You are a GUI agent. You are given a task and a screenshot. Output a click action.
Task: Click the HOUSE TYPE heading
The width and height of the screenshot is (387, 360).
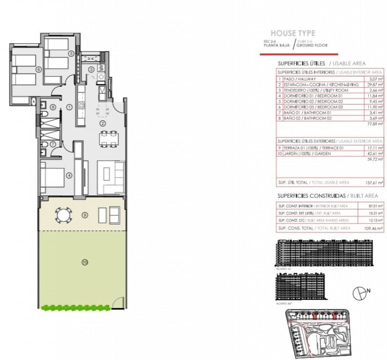click(293, 33)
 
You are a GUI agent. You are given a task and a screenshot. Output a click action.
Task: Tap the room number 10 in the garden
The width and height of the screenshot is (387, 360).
click(84, 262)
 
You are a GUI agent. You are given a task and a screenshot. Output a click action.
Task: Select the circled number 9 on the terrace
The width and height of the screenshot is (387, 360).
click(84, 215)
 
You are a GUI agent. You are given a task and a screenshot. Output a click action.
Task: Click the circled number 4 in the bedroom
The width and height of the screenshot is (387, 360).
click(69, 176)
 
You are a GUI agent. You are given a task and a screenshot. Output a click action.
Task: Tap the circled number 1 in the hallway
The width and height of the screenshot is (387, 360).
click(69, 107)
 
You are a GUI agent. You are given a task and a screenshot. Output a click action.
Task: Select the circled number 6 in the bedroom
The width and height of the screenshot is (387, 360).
click(38, 69)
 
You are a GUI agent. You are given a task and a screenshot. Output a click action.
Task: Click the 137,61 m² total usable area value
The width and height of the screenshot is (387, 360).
click(374, 182)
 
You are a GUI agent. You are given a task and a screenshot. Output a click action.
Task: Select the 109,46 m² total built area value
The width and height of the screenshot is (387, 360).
click(374, 228)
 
